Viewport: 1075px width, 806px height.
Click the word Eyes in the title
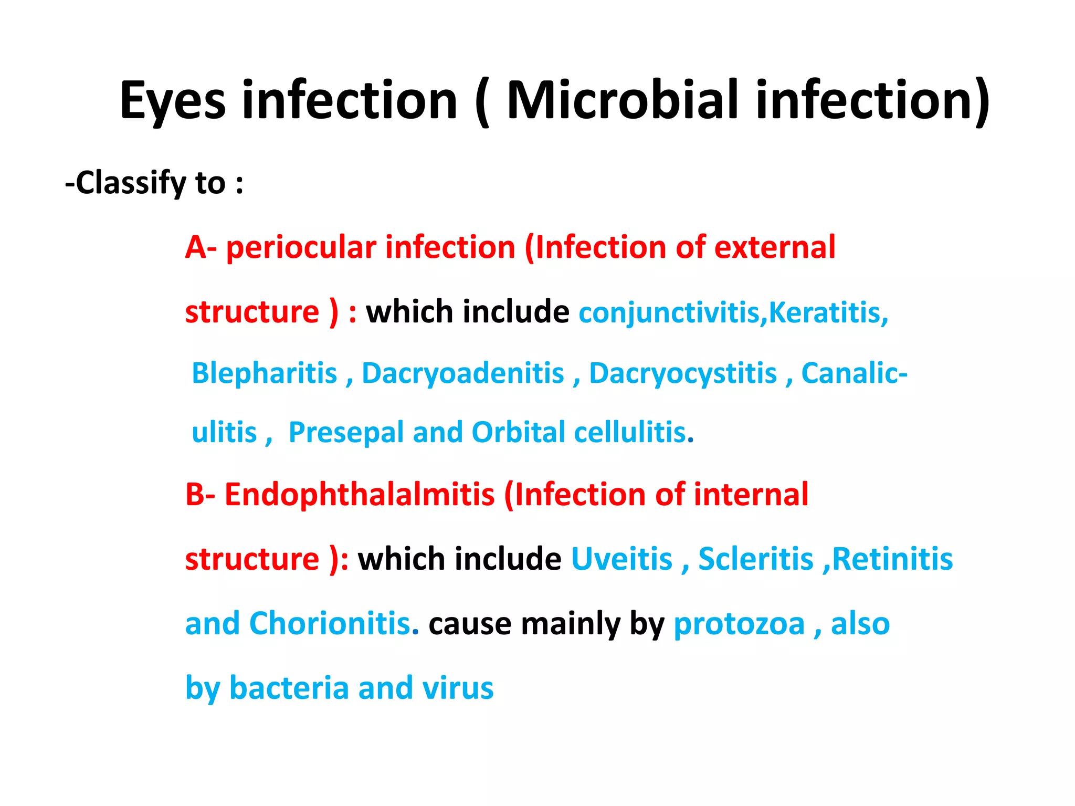coord(173,101)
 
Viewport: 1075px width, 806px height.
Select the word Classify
coord(131,183)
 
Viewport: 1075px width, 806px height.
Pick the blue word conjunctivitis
coord(669,313)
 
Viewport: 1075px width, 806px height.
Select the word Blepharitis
coord(264,373)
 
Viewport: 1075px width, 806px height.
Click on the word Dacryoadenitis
coord(463,373)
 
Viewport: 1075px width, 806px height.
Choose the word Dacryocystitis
coord(682,373)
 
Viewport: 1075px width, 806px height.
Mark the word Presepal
coord(345,433)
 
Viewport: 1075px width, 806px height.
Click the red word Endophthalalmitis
coord(360,495)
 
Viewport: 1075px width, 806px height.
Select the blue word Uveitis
coord(621,559)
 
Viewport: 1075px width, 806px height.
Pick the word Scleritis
coord(755,559)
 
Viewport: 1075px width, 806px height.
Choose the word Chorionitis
coord(330,623)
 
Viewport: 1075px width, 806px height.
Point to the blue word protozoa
coord(739,624)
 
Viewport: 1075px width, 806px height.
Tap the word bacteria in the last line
coord(289,688)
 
